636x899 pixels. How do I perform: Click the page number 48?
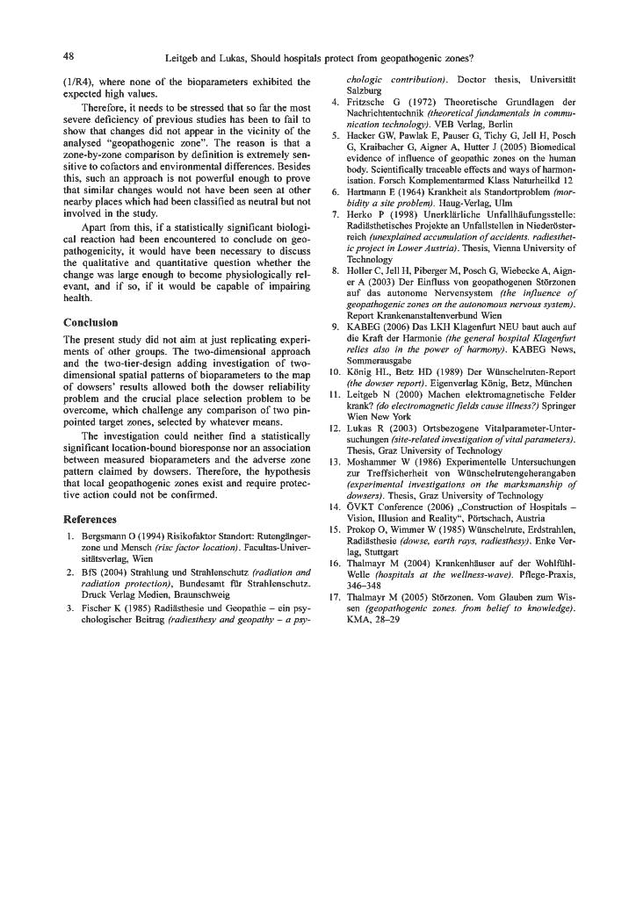coord(68,57)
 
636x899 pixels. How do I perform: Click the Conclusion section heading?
coord(91,322)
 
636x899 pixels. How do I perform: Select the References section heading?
coord(92,519)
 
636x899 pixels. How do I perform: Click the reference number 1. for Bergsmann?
coord(70,536)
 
